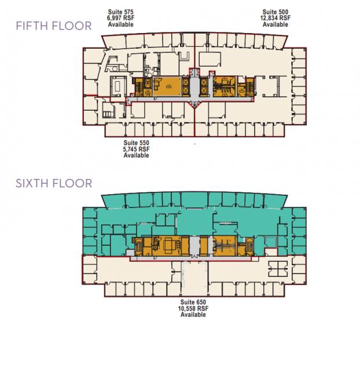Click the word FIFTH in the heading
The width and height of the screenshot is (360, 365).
point(32,25)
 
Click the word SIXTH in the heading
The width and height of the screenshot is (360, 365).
point(32,184)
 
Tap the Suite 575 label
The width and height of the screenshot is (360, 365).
point(121,12)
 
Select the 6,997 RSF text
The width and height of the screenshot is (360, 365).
point(121,18)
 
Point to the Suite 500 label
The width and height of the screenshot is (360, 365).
point(275,12)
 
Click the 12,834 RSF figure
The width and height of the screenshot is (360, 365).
point(275,18)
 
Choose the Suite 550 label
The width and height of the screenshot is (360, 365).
point(136,143)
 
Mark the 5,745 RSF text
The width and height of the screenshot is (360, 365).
point(136,149)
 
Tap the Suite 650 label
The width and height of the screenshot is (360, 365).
point(193,302)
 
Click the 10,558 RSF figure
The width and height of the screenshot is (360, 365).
point(193,308)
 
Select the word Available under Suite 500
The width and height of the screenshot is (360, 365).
point(275,24)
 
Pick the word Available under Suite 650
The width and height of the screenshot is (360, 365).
point(193,315)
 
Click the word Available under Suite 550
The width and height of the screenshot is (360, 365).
point(136,155)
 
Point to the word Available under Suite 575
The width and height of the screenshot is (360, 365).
point(121,24)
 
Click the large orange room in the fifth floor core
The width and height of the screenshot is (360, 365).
point(167,86)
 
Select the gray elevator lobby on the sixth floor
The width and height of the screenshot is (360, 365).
point(194,246)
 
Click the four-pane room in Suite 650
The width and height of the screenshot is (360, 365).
point(278,268)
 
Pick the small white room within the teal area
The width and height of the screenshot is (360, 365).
point(271,252)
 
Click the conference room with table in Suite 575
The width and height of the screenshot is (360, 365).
point(119,86)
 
